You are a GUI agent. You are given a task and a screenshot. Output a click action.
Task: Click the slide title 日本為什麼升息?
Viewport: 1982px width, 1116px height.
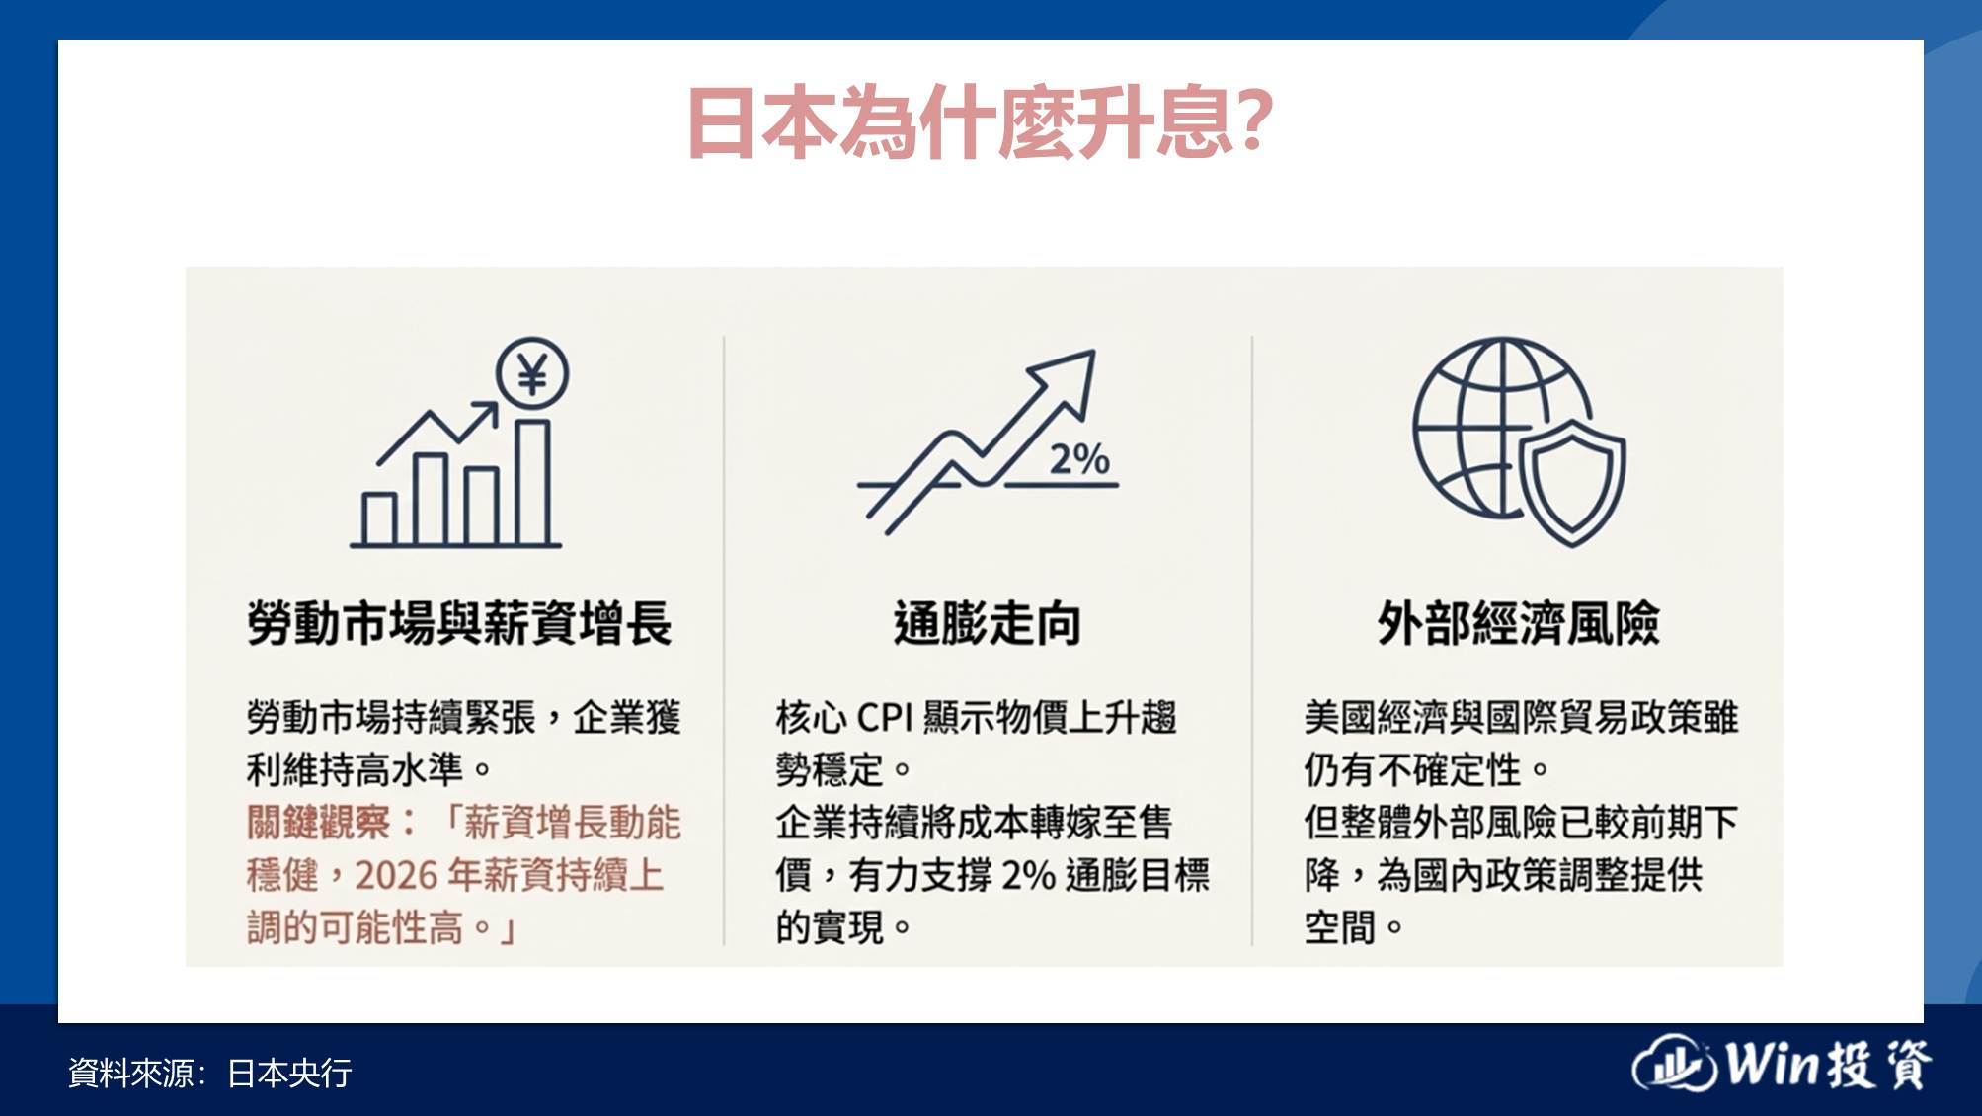coord(980,122)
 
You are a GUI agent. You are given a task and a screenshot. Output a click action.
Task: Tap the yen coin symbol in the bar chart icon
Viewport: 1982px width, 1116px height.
coord(532,374)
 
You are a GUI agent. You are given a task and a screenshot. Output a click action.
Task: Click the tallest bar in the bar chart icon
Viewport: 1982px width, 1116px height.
coord(533,483)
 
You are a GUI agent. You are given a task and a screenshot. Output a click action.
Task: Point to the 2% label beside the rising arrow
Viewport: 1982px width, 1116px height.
coord(1078,459)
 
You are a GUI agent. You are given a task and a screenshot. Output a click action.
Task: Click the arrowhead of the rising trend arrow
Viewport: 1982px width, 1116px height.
coord(1069,380)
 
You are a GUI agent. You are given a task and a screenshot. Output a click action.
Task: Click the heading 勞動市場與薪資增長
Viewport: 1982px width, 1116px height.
coord(459,623)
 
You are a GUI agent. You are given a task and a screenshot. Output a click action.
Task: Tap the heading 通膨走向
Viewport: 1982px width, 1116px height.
coord(988,623)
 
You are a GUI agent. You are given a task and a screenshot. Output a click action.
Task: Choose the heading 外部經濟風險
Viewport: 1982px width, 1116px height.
coord(1518,623)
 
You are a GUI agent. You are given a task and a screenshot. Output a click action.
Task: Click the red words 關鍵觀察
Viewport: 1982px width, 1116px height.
coord(318,822)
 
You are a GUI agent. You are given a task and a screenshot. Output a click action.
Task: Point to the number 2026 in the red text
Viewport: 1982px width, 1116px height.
coord(396,875)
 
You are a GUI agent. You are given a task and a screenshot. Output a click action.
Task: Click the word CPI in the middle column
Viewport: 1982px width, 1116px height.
coord(885,717)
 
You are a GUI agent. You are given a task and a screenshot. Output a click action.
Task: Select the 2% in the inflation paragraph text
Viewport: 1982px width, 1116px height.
coord(1028,875)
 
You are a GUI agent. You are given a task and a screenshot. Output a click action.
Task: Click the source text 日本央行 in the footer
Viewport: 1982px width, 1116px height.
coord(289,1073)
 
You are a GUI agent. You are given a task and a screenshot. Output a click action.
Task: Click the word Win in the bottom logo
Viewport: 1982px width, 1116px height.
coord(1772,1064)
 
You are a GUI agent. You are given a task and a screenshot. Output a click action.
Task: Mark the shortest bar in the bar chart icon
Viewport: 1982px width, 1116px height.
coord(379,518)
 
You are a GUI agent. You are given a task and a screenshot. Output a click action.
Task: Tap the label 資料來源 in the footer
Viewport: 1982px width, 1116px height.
coord(131,1073)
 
